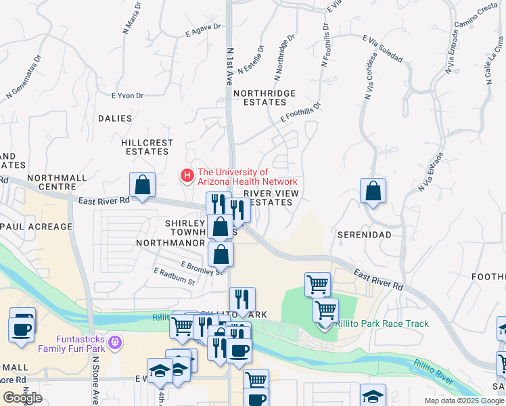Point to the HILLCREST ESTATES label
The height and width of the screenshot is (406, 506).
[x=147, y=147]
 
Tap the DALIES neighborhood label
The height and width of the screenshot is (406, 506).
[x=115, y=118]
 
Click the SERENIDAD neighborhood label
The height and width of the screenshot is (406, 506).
[x=364, y=234]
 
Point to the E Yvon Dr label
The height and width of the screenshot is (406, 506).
[x=128, y=95]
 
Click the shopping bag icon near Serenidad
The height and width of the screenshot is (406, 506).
[x=373, y=191]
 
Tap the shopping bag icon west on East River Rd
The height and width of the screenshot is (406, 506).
[x=143, y=185]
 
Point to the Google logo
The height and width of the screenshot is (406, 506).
[x=22, y=398]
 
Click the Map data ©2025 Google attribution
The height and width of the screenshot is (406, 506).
[x=464, y=401]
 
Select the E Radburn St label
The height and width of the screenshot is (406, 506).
[x=174, y=276]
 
